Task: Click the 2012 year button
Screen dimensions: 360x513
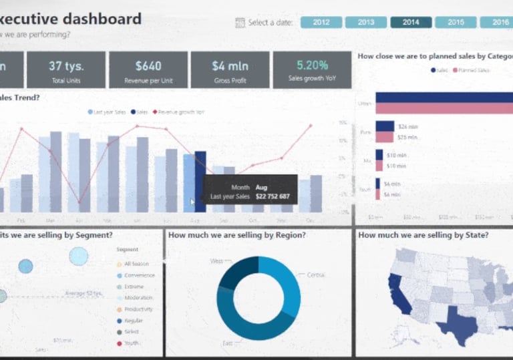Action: (321, 22)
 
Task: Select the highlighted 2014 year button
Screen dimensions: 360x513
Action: (411, 22)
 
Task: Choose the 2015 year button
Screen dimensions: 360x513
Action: (456, 22)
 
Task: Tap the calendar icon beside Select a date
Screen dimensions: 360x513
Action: (240, 23)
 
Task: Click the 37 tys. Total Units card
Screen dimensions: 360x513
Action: (65, 69)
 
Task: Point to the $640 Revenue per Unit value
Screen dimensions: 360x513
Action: (148, 65)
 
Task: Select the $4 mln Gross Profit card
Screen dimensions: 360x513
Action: (229, 69)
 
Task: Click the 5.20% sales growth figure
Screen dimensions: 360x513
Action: (312, 65)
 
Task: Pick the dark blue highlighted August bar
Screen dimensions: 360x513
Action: (200, 182)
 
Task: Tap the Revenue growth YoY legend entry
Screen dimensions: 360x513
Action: (179, 112)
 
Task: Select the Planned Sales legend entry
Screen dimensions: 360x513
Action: (471, 70)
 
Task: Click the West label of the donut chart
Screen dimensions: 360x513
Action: (216, 261)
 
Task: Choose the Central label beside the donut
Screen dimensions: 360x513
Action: (316, 275)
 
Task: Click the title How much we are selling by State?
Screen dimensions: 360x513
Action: (423, 235)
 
